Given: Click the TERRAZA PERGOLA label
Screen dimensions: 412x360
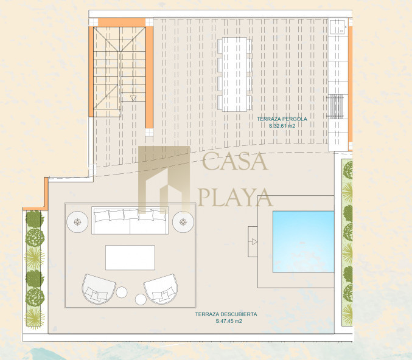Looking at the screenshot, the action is click(x=282, y=119).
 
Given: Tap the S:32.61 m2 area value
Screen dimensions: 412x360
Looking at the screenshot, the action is click(x=282, y=126).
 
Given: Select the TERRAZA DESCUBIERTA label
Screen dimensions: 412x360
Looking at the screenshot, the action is click(x=226, y=314).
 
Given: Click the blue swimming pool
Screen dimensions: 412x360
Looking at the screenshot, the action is click(x=304, y=241).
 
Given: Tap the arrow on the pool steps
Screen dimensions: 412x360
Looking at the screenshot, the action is click(x=254, y=242).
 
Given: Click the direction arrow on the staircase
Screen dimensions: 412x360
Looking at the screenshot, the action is click(x=133, y=99).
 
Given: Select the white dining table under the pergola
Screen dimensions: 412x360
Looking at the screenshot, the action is click(x=235, y=74).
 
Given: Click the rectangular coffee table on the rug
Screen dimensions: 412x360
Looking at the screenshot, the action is click(x=130, y=258).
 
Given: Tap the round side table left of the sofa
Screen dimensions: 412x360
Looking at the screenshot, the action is click(x=77, y=222).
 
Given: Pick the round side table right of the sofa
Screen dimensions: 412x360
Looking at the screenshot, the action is click(x=183, y=222).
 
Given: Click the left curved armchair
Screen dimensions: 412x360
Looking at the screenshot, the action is click(x=99, y=289).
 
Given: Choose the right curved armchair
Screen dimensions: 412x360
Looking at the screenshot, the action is click(x=161, y=289).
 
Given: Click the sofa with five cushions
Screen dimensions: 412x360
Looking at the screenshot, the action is click(x=130, y=220).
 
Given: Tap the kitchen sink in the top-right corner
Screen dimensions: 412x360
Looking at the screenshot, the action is click(x=338, y=27).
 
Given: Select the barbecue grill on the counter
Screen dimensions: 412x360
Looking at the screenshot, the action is click(x=335, y=107).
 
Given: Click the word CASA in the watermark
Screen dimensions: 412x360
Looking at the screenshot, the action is click(x=235, y=161).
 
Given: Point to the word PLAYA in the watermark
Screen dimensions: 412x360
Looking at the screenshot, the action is click(x=235, y=197).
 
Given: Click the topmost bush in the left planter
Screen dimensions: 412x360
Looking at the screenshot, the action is click(x=35, y=218).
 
